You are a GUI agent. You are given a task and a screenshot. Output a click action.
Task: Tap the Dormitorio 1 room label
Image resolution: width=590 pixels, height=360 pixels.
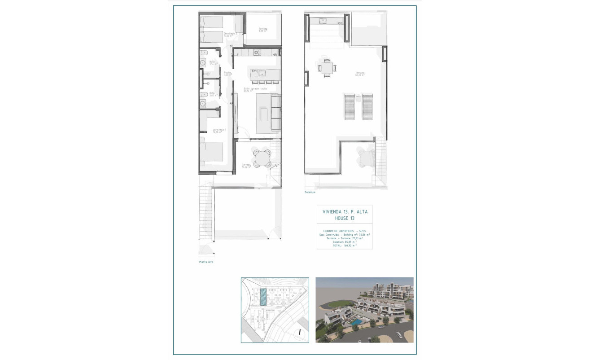[219, 131]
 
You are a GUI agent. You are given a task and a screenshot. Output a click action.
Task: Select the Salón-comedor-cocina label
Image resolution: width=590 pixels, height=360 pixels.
[255, 89]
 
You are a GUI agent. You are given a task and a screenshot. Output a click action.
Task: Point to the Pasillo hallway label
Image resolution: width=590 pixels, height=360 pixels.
[227, 73]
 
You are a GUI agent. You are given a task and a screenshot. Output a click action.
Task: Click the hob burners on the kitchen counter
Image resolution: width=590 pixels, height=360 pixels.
[257, 52]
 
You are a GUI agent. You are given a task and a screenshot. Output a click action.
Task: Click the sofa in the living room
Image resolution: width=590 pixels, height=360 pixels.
[275, 114]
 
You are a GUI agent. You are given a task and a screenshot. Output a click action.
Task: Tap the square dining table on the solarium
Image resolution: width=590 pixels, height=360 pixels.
[326, 68]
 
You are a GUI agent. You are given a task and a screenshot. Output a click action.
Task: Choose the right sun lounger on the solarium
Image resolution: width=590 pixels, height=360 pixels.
[367, 107]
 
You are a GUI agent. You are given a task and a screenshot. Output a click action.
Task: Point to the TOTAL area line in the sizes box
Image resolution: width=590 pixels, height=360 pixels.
[344, 246]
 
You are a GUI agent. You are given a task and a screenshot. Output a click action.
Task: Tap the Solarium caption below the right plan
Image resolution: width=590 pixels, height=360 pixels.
[310, 192]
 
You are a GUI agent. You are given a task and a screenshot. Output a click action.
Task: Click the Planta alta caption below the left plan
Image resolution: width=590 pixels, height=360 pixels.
[206, 262]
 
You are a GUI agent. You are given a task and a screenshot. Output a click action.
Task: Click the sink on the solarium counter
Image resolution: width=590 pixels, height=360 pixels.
[322, 20]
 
